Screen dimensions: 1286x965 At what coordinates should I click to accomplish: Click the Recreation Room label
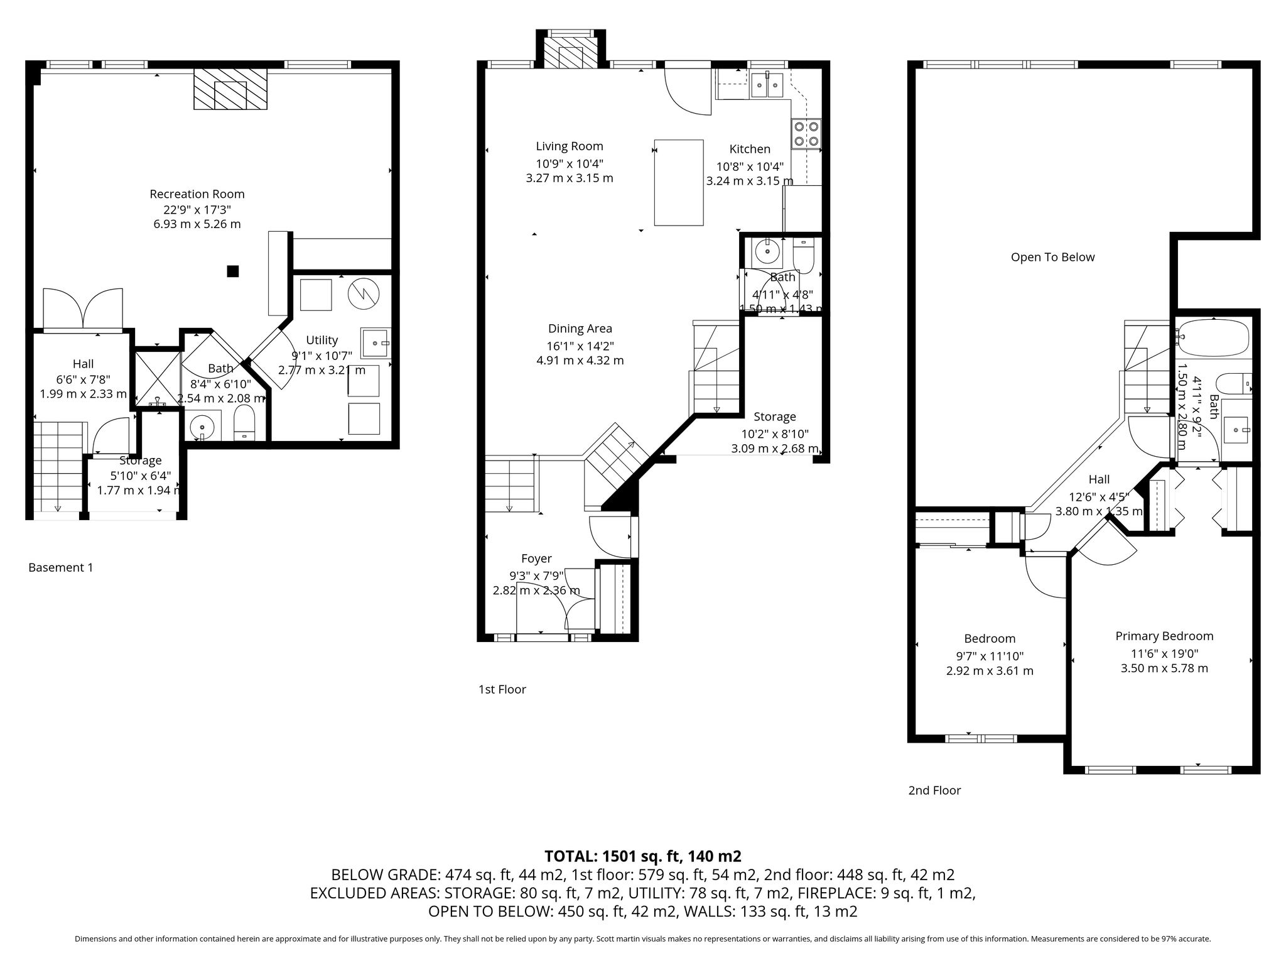[197, 194]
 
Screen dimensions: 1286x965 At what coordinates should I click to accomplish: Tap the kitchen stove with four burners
[806, 133]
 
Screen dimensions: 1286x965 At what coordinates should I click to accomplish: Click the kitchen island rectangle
[678, 182]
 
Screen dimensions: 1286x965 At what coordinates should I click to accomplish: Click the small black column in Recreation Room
[233, 271]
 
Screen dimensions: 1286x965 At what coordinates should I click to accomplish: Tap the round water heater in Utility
[364, 294]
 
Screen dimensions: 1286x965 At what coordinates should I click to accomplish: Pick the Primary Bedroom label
[1164, 636]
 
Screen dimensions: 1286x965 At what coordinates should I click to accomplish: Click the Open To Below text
[1052, 257]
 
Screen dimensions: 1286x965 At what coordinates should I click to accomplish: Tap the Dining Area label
[580, 329]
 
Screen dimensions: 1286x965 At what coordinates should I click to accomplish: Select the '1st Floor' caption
[502, 689]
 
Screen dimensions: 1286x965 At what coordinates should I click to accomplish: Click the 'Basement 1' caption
[61, 567]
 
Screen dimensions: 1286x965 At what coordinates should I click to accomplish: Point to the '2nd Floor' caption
[934, 790]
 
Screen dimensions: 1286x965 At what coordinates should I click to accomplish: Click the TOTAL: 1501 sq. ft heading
[643, 856]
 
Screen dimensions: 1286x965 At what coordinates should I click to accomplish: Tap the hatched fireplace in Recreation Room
[230, 89]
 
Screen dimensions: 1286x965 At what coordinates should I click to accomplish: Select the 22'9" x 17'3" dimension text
[197, 210]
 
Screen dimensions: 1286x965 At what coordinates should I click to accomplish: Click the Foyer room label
[536, 559]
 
